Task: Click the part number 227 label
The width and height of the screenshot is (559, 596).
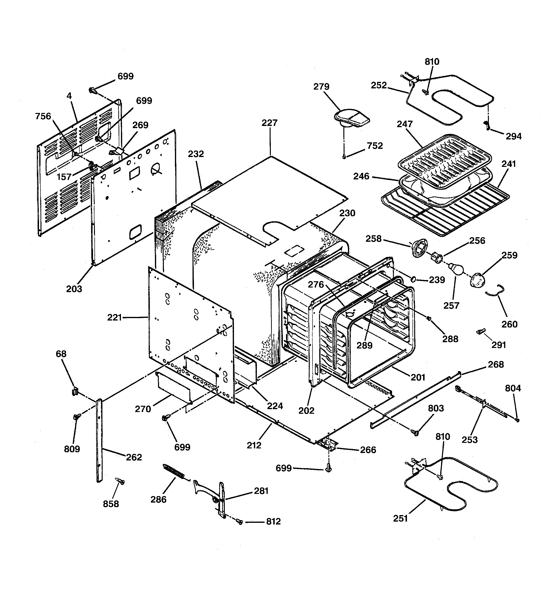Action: (x=269, y=123)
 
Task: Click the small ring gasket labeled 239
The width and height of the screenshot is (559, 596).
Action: (x=413, y=279)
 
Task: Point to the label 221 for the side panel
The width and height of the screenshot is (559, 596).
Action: (x=114, y=317)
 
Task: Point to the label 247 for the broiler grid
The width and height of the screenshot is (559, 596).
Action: (x=405, y=124)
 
